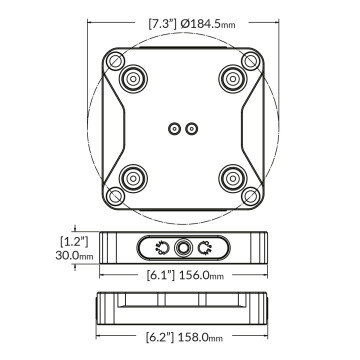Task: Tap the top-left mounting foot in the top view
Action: [x=130, y=77]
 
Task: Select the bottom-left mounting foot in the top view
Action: [x=130, y=180]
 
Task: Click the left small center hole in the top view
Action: [x=174, y=128]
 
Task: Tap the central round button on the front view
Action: [x=183, y=248]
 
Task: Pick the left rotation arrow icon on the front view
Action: [x=160, y=248]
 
